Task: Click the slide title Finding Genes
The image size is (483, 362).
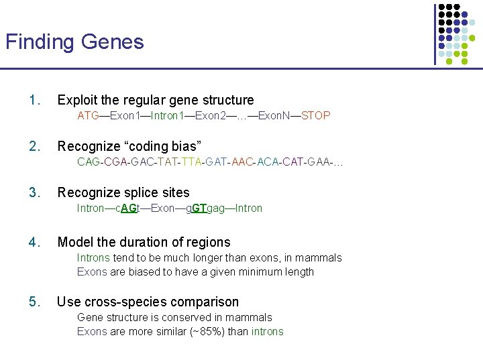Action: [74, 42]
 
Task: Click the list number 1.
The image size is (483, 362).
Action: [34, 101]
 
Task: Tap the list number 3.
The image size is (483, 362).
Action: [34, 193]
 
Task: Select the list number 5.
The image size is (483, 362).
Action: [34, 302]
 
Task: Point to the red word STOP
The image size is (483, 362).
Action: [316, 115]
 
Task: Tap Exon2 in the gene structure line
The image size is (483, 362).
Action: [211, 115]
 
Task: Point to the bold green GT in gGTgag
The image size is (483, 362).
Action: [199, 208]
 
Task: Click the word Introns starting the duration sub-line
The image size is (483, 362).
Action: [93, 258]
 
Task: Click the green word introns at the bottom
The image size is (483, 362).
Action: [268, 332]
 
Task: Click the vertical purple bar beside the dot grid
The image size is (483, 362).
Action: [435, 34]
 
